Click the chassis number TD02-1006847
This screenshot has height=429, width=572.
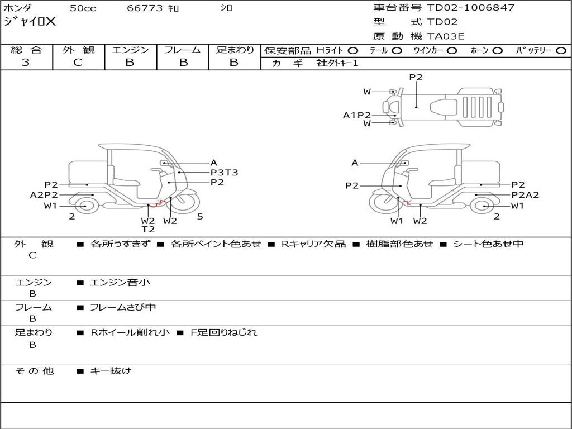tap(470, 8)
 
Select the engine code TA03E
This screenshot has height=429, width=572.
tap(445, 36)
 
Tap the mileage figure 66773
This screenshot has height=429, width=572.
tap(145, 8)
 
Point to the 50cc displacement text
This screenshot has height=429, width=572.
tap(83, 8)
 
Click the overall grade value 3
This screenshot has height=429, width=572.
tap(26, 63)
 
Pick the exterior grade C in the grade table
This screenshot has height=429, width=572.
tap(78, 63)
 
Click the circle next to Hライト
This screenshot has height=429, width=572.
tap(353, 51)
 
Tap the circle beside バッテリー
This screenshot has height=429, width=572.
tap(561, 51)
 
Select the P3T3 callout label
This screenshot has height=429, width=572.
tap(225, 173)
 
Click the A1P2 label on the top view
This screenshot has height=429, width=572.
tap(356, 115)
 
